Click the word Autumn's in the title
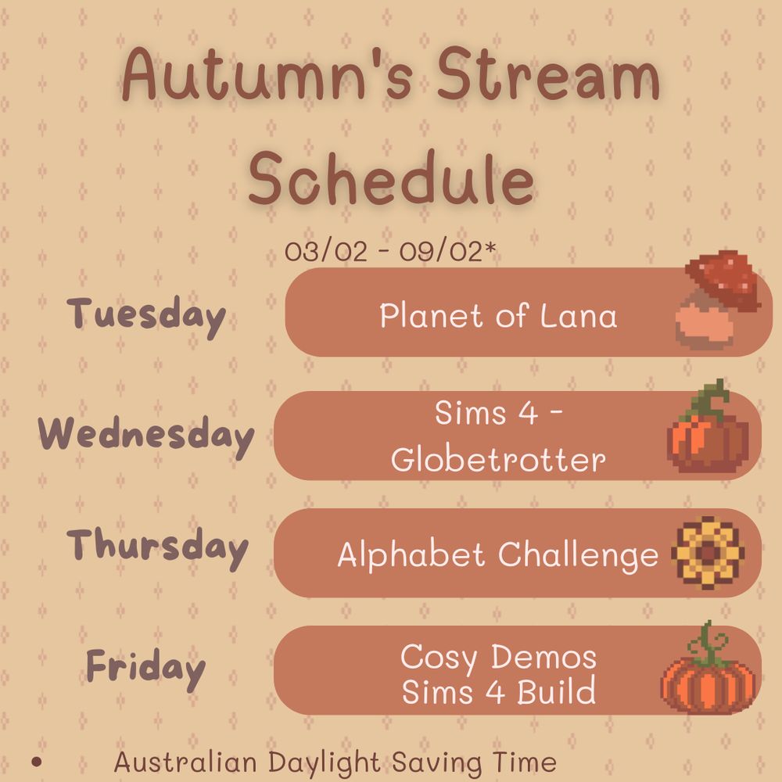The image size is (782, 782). (x=267, y=73)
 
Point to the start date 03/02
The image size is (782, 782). (x=325, y=250)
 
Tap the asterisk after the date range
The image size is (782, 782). (x=490, y=247)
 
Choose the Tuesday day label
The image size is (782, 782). (x=146, y=316)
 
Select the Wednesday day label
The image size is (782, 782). (x=146, y=436)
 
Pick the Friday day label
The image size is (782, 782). (x=145, y=668)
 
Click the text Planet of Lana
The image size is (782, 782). (x=498, y=316)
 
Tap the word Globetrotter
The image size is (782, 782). (x=498, y=459)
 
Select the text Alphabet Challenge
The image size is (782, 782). (x=498, y=554)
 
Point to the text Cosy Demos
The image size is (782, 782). (x=498, y=657)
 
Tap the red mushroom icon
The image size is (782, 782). (x=718, y=300)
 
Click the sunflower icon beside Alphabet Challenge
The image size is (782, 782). (x=708, y=553)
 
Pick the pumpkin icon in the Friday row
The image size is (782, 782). (x=708, y=669)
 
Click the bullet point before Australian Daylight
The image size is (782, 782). (x=36, y=762)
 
